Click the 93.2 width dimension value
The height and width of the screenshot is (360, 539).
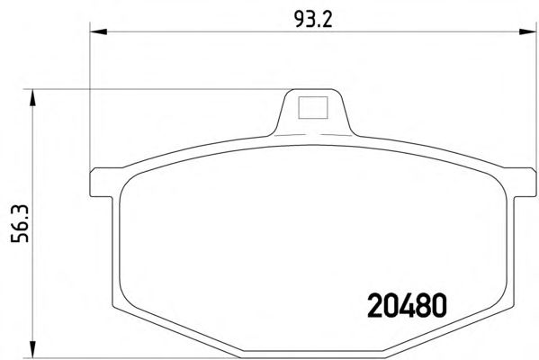coord(313,20)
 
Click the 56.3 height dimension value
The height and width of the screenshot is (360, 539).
coord(20,223)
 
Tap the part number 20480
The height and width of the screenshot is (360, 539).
coord(407,305)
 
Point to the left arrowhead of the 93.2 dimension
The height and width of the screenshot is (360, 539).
coord(98,31)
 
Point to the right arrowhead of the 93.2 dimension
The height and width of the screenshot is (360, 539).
coord(527,31)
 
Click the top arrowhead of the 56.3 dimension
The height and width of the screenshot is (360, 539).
coord(32,98)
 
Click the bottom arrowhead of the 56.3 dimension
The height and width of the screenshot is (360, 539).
coord(32,349)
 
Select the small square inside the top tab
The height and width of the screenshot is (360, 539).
coord(313,108)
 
